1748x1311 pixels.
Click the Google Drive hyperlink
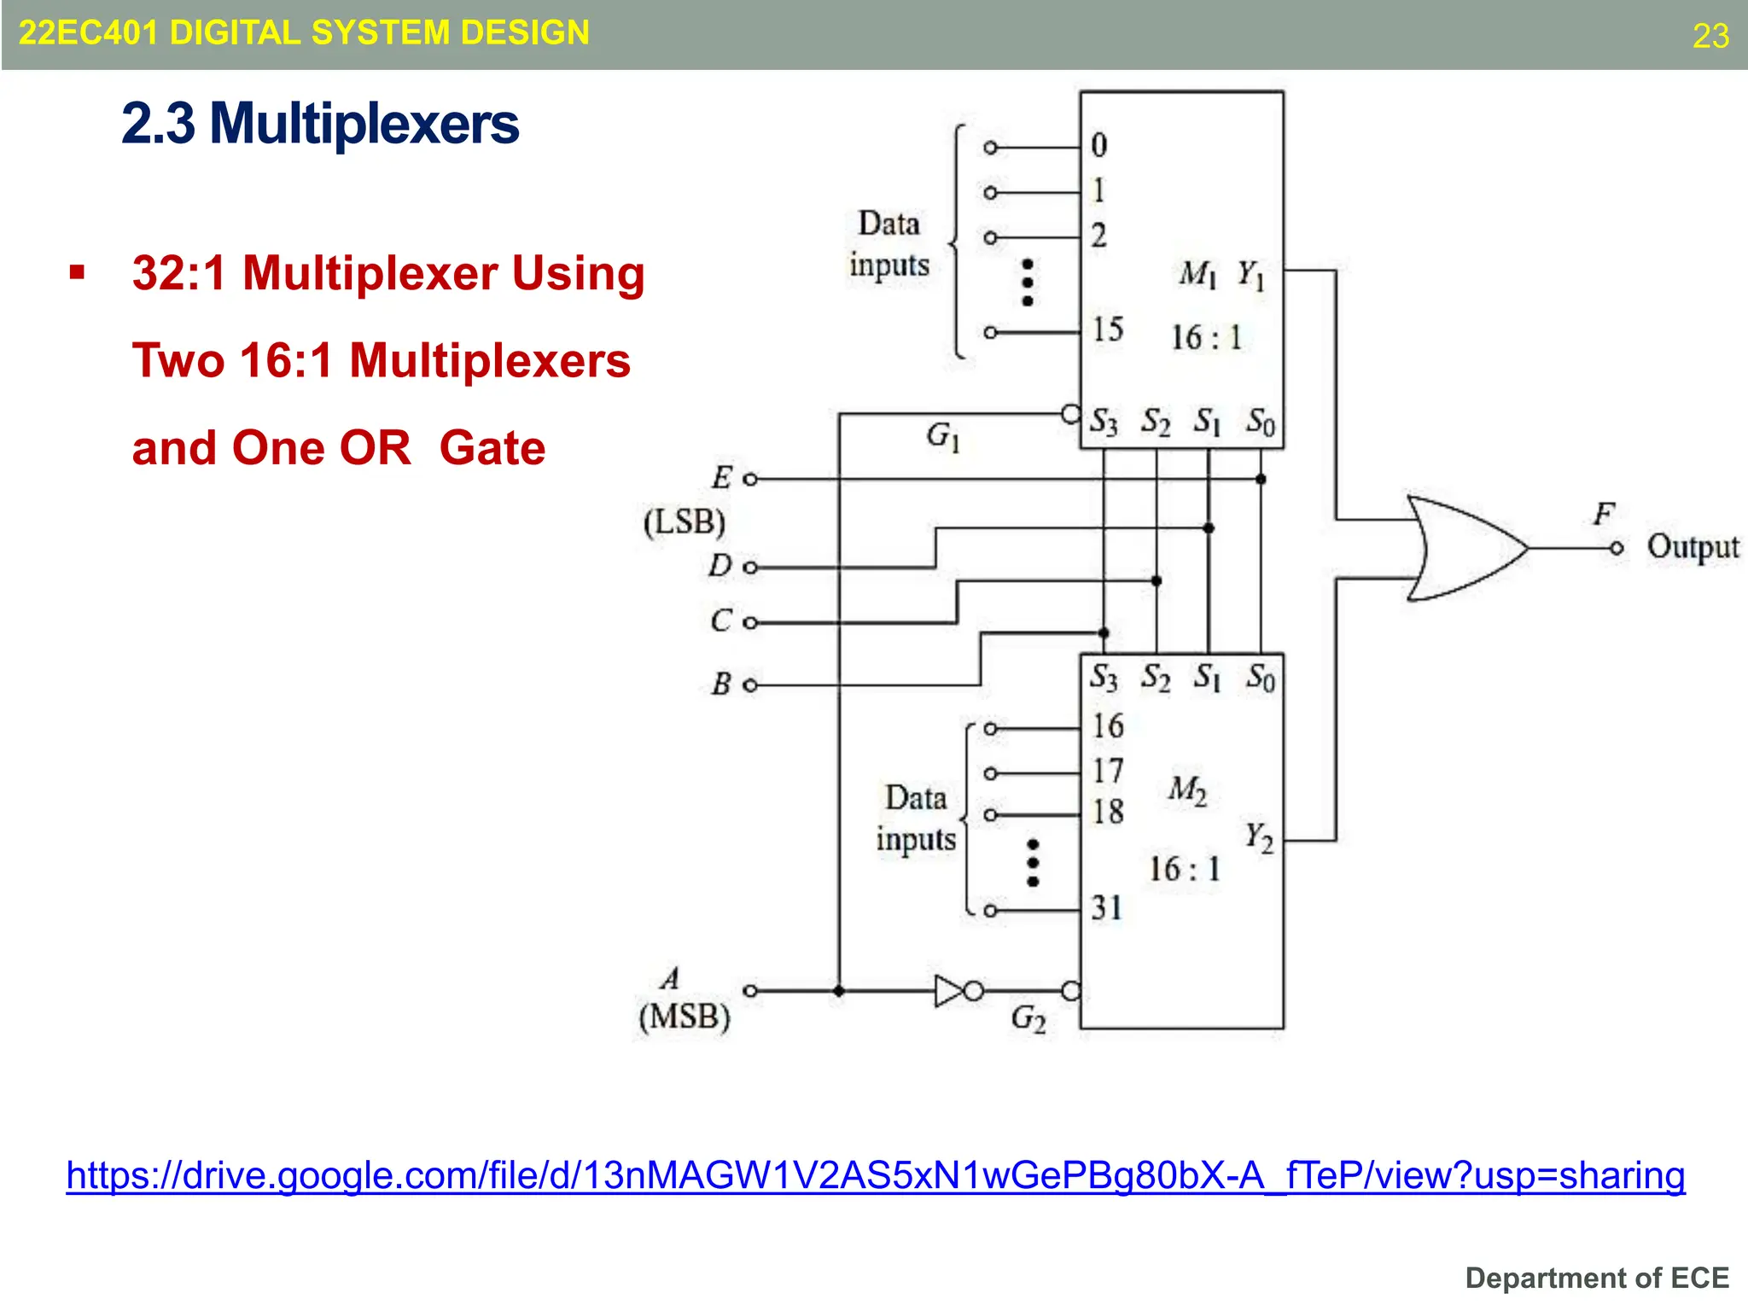coord(876,1175)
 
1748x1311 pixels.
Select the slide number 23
coord(1710,36)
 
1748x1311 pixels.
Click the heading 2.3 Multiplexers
coord(320,124)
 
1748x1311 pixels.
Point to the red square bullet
coord(78,273)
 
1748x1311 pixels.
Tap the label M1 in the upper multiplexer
coord(1197,274)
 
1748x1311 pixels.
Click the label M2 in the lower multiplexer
coord(1187,790)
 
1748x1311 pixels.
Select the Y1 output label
coord(1251,275)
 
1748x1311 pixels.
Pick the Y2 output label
coord(1259,836)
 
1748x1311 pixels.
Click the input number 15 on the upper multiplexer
coord(1108,329)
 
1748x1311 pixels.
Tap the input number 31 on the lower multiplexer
coord(1107,907)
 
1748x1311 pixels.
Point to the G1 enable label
coord(943,436)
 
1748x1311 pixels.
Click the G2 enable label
coord(1028,1017)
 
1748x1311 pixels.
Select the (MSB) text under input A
coord(685,1017)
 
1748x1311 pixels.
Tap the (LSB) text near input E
coord(685,521)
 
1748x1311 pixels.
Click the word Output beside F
coord(1693,547)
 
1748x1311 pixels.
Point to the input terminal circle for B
coord(750,685)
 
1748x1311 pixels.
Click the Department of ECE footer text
coord(1597,1278)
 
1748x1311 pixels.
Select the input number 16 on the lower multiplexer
coord(1108,726)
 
